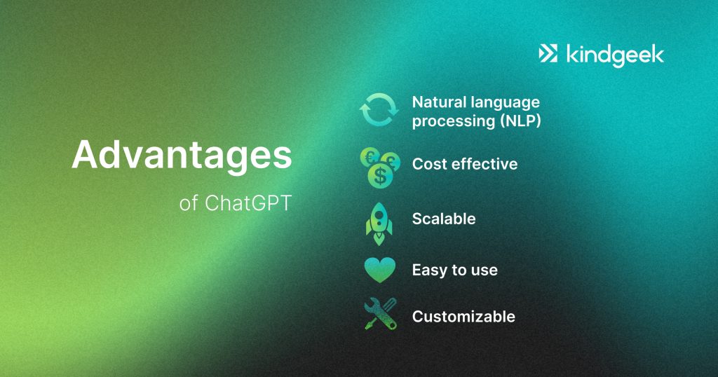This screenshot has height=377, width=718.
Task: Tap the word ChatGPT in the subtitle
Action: click(248, 203)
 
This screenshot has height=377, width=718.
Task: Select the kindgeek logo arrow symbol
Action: click(548, 53)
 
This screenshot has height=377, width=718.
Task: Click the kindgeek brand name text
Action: click(615, 55)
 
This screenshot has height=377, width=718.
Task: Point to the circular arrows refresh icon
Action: click(379, 110)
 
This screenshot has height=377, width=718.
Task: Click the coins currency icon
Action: click(380, 167)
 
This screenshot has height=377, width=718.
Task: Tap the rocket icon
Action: click(379, 224)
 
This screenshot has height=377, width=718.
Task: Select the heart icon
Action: click(379, 270)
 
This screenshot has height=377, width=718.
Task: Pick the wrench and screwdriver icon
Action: click(380, 314)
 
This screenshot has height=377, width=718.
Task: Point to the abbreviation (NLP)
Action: click(520, 121)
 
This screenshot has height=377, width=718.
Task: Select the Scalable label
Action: click(444, 219)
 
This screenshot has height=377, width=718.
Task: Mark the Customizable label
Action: click(464, 316)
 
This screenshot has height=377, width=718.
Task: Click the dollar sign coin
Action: click(380, 176)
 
